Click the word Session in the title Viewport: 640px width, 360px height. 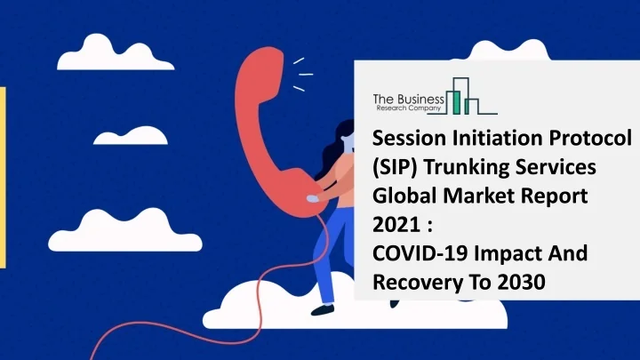point(404,140)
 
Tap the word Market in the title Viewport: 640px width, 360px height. point(472,197)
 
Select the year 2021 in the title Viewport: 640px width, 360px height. point(391,227)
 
